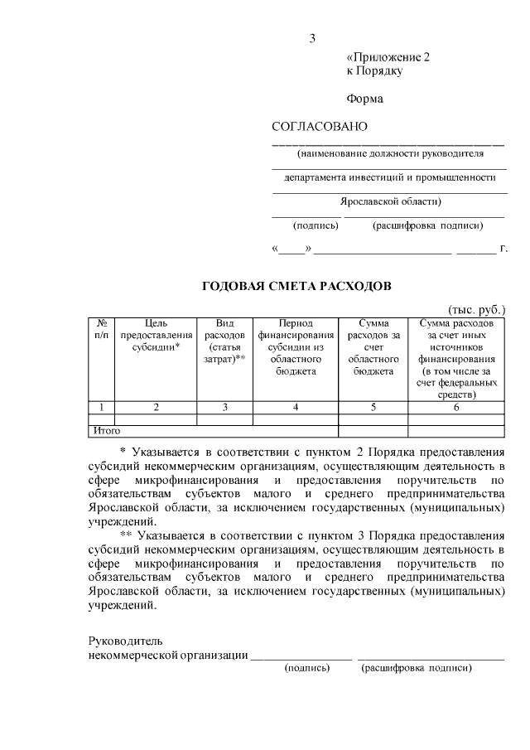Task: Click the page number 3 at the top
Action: (312, 38)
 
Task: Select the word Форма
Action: (364, 99)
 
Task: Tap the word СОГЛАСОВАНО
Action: (319, 126)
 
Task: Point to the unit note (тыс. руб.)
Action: (476, 308)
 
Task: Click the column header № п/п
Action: (101, 330)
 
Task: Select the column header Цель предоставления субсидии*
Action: (156, 336)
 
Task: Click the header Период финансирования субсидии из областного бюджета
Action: (296, 347)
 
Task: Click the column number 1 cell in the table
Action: (101, 407)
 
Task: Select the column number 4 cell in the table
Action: (296, 407)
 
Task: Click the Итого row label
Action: (107, 431)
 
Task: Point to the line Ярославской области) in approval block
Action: (390, 201)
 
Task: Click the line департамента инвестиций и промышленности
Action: (390, 177)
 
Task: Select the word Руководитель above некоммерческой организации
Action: (126, 641)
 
